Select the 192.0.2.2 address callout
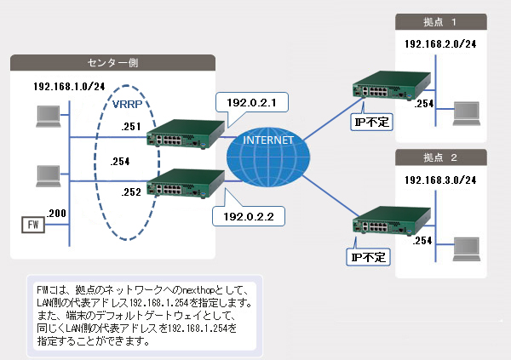(x=246, y=217)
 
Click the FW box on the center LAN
(x=32, y=225)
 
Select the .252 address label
(x=130, y=191)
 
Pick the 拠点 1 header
(x=442, y=20)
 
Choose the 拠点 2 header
(x=442, y=158)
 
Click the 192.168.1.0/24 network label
(x=69, y=86)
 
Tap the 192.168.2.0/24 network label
(x=439, y=43)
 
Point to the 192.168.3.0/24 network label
(x=439, y=180)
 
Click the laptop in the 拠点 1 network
(x=468, y=113)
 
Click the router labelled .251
(x=182, y=133)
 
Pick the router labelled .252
(x=182, y=185)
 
